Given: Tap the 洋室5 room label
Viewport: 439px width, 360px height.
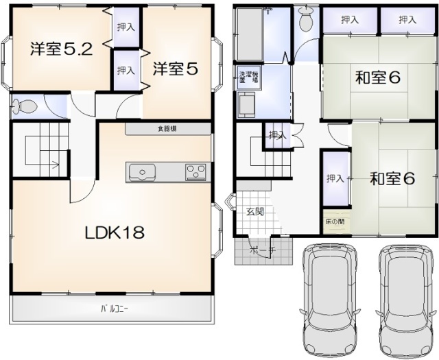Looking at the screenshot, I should coord(176,69).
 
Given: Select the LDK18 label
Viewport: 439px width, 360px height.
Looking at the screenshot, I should coord(114,233).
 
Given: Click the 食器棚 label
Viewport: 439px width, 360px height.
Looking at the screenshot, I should coord(167,128).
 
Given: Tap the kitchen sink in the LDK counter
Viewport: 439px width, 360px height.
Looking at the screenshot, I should coord(143,171).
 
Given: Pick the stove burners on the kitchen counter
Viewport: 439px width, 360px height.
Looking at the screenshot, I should coord(195,171).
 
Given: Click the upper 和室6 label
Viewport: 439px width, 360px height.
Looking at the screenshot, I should coord(377,77).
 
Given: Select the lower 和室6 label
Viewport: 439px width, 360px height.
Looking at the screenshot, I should coord(392,180).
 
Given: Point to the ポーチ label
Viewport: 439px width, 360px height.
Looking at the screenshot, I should coord(263,251).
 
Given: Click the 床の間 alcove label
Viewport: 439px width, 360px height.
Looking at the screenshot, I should coord(335,222).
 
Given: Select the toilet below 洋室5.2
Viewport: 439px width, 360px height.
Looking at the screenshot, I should coord(26,107).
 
